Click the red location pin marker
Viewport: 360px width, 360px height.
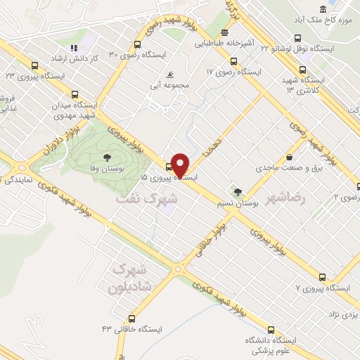[x=180, y=165]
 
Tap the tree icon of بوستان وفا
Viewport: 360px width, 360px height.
[x=107, y=157]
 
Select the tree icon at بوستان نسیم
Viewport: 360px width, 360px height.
[x=238, y=191]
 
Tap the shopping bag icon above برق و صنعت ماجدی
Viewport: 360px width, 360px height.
[x=289, y=157]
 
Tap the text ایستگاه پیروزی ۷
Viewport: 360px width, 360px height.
[x=323, y=288]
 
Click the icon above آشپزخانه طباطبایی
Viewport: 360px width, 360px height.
[x=224, y=32]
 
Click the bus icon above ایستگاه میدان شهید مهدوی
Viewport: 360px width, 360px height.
[x=75, y=94]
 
